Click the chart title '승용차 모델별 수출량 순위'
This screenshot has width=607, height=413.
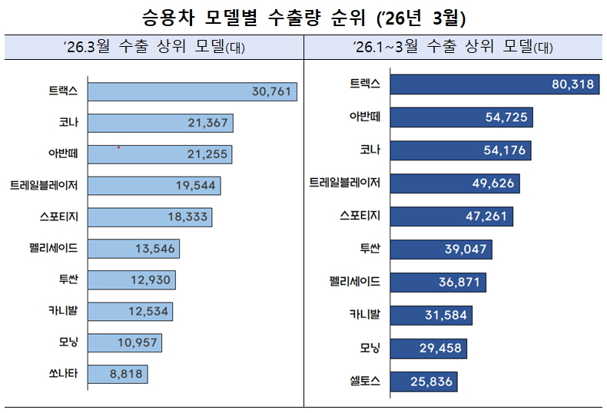tap(254, 18)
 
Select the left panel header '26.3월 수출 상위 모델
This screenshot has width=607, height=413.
tap(154, 47)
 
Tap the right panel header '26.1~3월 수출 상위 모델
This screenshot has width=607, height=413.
tap(453, 47)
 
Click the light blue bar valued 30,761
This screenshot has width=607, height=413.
tap(192, 91)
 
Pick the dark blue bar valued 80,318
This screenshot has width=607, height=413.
tap(495, 84)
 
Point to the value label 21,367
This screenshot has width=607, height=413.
tap(208, 123)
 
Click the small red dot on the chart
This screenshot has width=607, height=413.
tap(119, 147)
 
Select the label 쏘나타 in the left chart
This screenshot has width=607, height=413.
tap(63, 374)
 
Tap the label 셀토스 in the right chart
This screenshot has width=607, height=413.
tap(365, 382)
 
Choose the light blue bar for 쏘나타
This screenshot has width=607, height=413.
tap(118, 374)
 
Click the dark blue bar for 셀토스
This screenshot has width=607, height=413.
tap(424, 382)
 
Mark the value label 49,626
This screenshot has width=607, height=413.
tap(493, 183)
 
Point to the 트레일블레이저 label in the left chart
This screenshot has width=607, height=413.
tap(44, 185)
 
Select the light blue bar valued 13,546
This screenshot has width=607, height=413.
tap(134, 249)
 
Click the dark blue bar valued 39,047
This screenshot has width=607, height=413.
tap(441, 249)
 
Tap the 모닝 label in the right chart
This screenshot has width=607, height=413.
tap(370, 348)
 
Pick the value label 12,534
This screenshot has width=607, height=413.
tap(148, 312)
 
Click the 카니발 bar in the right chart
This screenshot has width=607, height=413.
tap(431, 316)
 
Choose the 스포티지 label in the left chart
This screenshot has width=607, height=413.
tap(59, 216)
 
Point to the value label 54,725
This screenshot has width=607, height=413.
tap(506, 117)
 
